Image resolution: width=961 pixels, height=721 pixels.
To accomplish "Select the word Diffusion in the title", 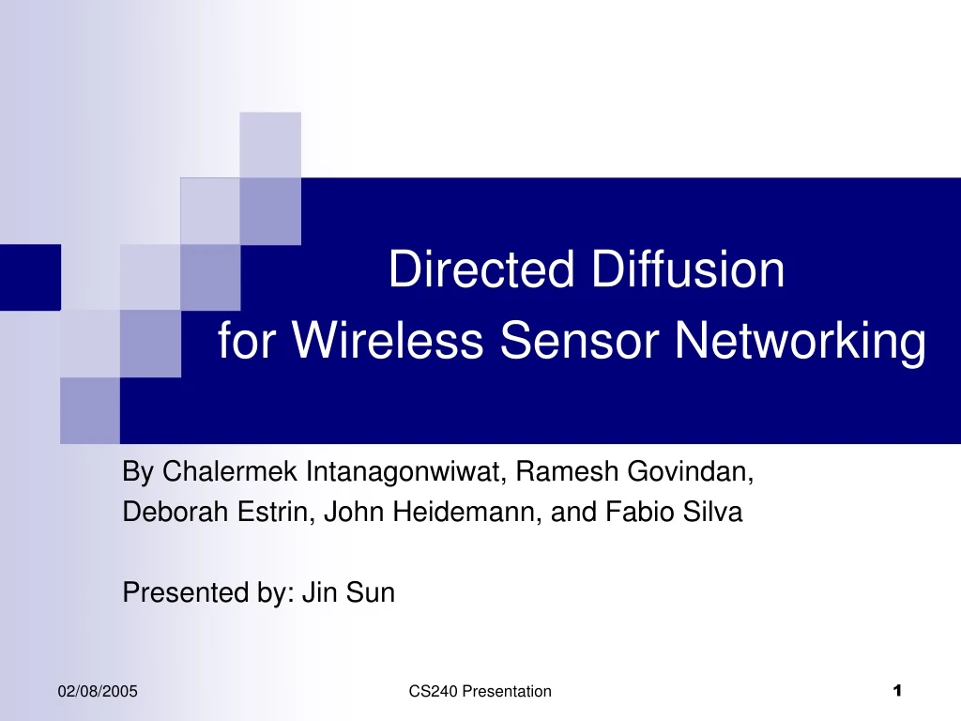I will [x=688, y=270].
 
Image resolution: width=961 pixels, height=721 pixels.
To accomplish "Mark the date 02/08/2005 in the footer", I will [x=98, y=692].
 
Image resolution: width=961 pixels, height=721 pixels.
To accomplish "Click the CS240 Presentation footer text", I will [x=480, y=692].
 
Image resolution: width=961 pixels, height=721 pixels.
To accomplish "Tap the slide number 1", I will [x=897, y=692].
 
